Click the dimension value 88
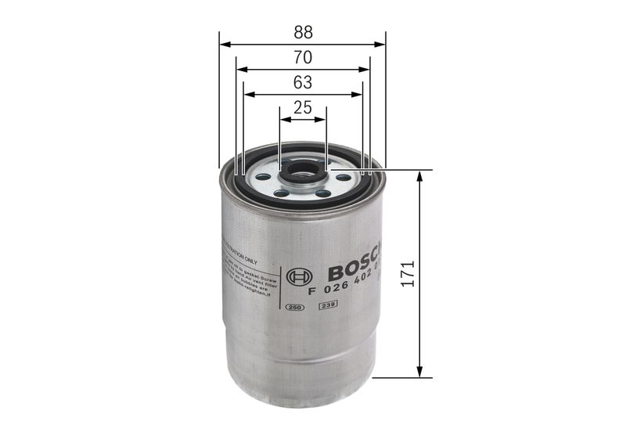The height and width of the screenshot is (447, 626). (x=303, y=32)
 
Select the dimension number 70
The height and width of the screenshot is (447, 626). (x=303, y=57)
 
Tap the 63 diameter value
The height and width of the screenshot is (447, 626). (x=303, y=82)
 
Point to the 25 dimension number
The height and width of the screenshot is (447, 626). (x=303, y=108)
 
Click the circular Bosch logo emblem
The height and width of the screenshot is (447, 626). (x=300, y=277)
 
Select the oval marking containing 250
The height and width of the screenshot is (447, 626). (x=296, y=307)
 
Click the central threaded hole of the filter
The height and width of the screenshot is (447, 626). (x=302, y=172)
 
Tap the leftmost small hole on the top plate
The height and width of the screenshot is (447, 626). (x=262, y=179)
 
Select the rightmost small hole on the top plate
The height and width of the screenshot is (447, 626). (x=344, y=178)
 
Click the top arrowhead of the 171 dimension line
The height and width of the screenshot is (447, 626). (x=420, y=175)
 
